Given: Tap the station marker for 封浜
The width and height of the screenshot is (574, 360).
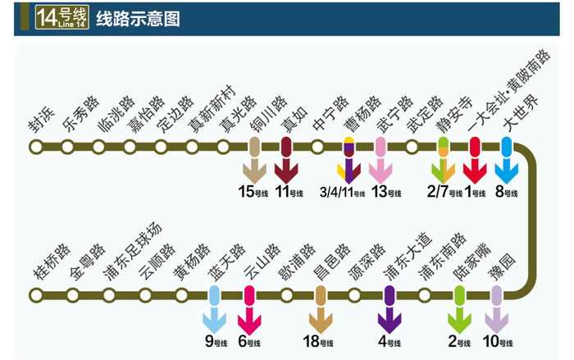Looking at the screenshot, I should coord(36,148).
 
